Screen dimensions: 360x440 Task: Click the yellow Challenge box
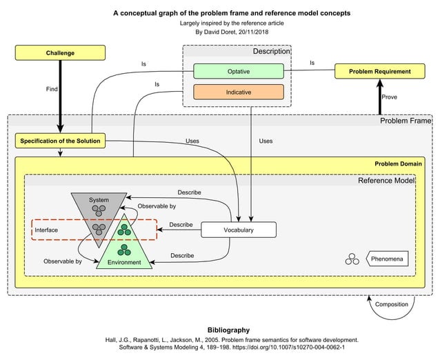tap(60, 52)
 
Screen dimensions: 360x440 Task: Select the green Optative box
tap(239, 71)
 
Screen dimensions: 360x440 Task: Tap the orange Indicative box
tap(239, 92)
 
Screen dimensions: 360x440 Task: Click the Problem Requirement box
tap(379, 71)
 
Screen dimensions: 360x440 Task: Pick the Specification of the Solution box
tap(60, 141)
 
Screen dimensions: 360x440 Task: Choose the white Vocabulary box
tap(238, 230)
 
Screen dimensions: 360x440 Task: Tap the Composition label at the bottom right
tap(390, 304)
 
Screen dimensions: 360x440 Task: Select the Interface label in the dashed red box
tap(47, 229)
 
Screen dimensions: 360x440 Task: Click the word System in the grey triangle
tap(99, 200)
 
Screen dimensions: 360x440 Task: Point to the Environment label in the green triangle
tap(124, 262)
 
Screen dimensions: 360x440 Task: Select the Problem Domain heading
tap(399, 163)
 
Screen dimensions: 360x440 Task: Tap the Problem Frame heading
tap(406, 121)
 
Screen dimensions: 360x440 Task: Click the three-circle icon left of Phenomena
tap(352, 259)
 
